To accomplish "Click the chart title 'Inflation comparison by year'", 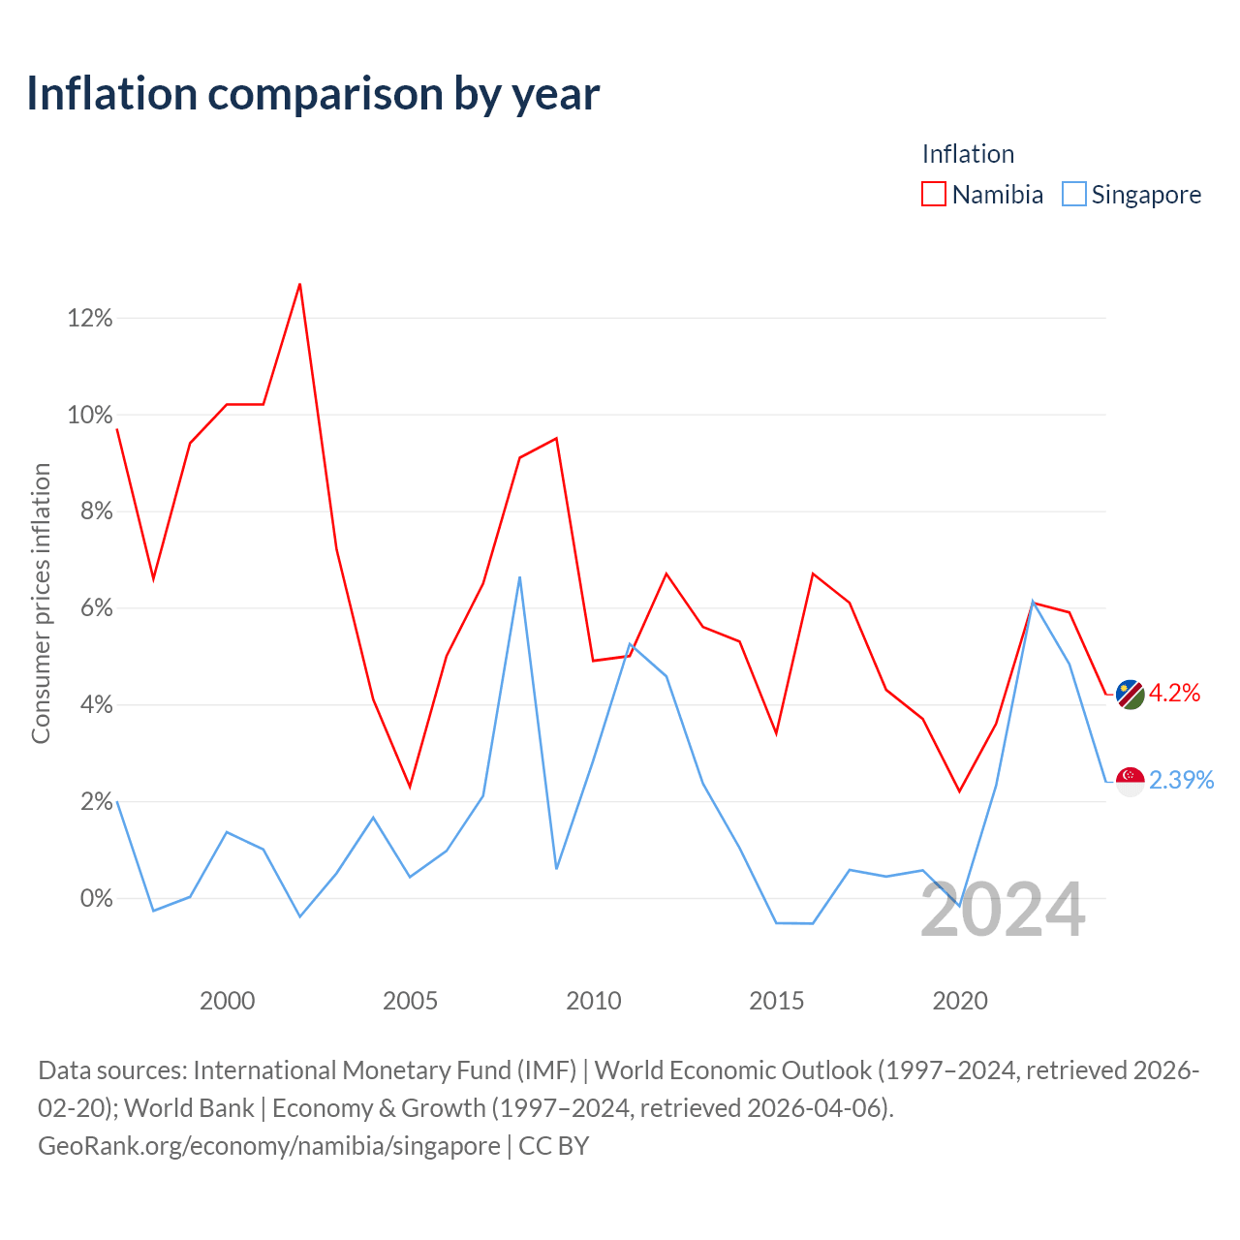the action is pyautogui.click(x=313, y=94).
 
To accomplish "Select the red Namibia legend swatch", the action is pyautogui.click(x=933, y=194).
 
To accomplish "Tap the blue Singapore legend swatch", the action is pyautogui.click(x=1073, y=194).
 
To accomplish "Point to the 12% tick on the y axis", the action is pyautogui.click(x=90, y=318).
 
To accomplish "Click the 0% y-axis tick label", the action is pyautogui.click(x=97, y=898).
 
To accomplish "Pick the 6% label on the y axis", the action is pyautogui.click(x=97, y=608).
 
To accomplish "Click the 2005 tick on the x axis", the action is pyautogui.click(x=410, y=1002).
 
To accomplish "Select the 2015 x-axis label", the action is pyautogui.click(x=776, y=1002).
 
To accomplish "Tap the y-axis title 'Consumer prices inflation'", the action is pyautogui.click(x=42, y=604).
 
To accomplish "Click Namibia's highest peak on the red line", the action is pyautogui.click(x=300, y=285).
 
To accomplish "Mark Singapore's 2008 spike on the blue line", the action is pyautogui.click(x=519, y=577).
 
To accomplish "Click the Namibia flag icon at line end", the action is pyautogui.click(x=1130, y=695).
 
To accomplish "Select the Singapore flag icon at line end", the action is pyautogui.click(x=1130, y=782).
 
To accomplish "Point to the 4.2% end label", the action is pyautogui.click(x=1174, y=693).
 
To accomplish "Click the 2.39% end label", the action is pyautogui.click(x=1182, y=780).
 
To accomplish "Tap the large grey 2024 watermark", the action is pyautogui.click(x=1004, y=910).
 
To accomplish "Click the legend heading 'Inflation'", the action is pyautogui.click(x=968, y=154).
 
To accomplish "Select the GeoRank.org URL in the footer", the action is pyautogui.click(x=269, y=1146).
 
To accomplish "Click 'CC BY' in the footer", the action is pyautogui.click(x=553, y=1146).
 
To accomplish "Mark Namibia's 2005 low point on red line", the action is pyautogui.click(x=410, y=787).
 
